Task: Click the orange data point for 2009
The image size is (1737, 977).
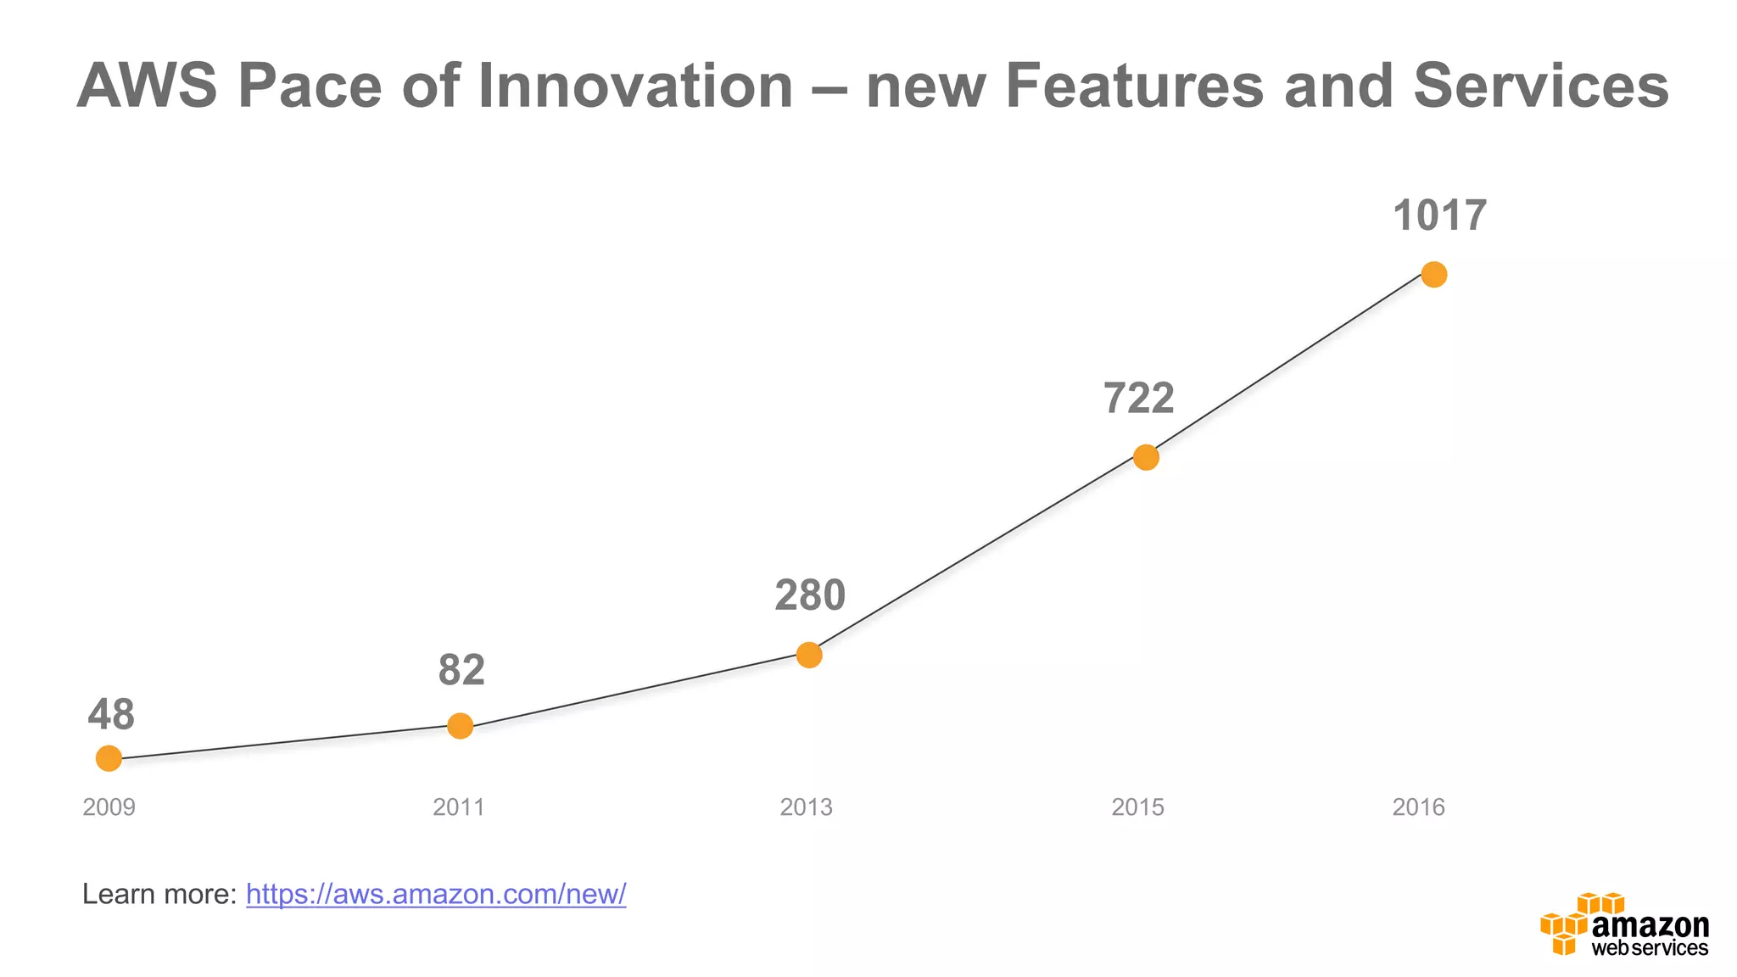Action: pos(109,758)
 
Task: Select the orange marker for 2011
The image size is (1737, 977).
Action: pos(460,726)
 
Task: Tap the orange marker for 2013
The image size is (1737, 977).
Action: pos(809,655)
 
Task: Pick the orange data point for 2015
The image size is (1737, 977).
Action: pos(1146,457)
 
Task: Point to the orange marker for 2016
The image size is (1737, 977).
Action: pos(1433,275)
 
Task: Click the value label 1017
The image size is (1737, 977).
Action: pos(1439,215)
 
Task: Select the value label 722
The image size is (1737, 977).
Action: pos(1138,399)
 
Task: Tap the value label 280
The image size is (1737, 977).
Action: pos(810,595)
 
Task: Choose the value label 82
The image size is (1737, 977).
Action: pos(461,671)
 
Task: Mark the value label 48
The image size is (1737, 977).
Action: pos(111,715)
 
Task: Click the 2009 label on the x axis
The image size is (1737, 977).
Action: pos(109,807)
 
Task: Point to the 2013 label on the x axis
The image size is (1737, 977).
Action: pos(806,807)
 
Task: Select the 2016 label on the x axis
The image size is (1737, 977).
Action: pos(1418,807)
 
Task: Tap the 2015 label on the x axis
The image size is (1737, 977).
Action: pos(1137,807)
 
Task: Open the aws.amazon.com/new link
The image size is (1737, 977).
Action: pos(436,894)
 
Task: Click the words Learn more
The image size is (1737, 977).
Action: pos(159,894)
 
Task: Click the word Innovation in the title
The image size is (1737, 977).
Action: pos(635,87)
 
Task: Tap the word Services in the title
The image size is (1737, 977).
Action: pos(1541,87)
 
